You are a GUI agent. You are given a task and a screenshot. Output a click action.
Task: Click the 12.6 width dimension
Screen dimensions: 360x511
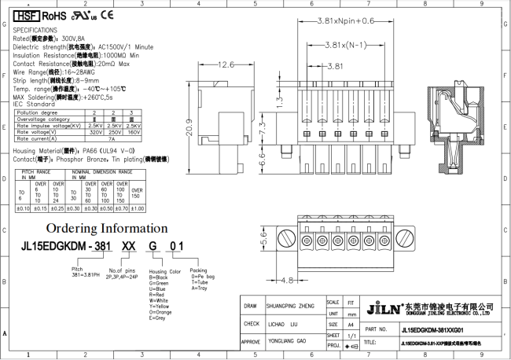[x=226, y=64]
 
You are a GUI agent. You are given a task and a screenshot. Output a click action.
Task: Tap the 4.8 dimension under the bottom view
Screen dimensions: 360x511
[x=286, y=280]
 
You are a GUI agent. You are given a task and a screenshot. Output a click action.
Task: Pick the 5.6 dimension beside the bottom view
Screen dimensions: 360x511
[x=264, y=242]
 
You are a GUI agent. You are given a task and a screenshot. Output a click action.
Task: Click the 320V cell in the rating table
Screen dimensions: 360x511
[x=95, y=133]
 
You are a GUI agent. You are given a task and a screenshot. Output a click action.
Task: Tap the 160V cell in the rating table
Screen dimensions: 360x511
[x=134, y=133]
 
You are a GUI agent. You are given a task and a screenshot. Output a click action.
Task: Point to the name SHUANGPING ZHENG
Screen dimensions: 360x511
[x=291, y=307]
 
